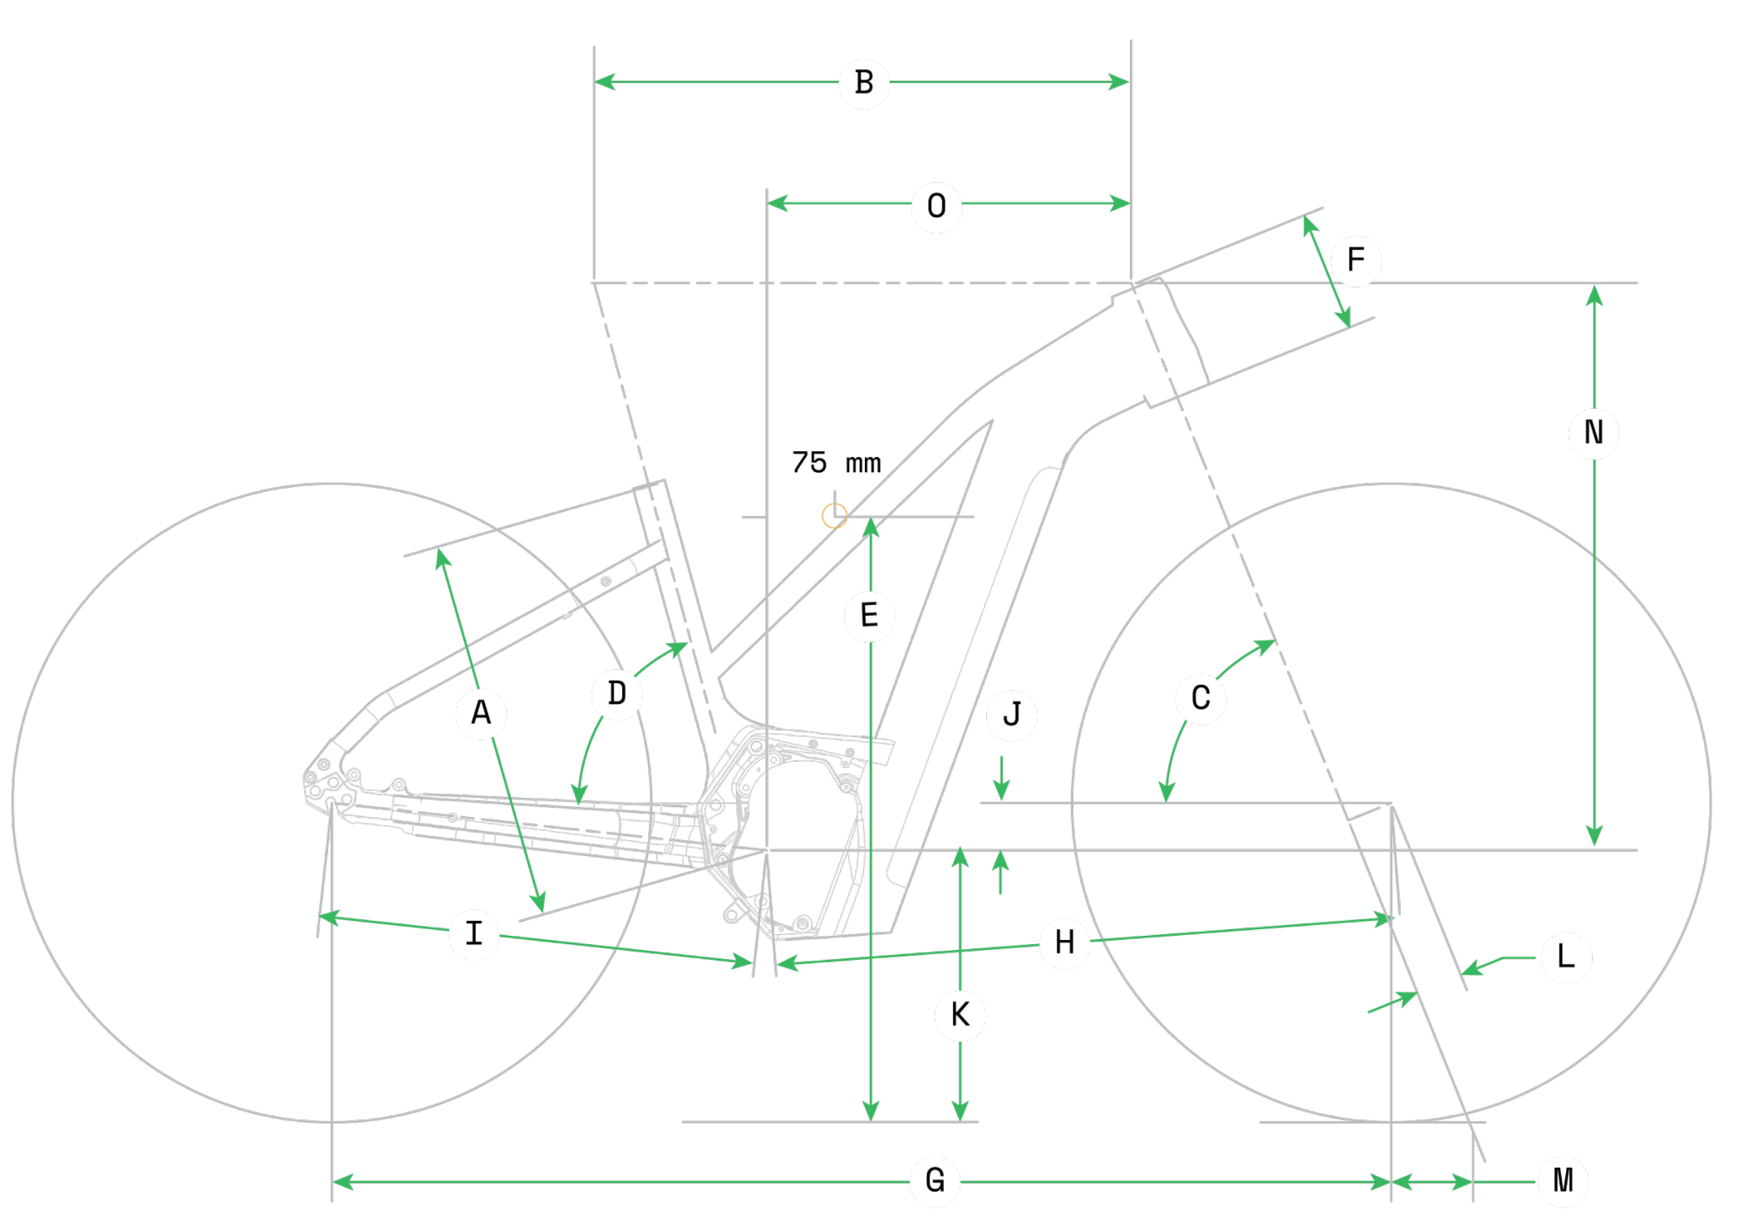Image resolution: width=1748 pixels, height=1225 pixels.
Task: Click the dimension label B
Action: pos(864,82)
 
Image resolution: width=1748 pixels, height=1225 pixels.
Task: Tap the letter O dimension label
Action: pos(936,205)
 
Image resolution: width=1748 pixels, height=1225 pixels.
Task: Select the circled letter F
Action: pos(1355,259)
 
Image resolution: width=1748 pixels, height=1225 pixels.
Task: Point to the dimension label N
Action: pos(1593,432)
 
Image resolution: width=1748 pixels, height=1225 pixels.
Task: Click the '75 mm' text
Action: pos(836,463)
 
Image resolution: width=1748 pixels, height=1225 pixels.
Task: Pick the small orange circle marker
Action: pos(834,516)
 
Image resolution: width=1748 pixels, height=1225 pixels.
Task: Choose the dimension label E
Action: pos(869,616)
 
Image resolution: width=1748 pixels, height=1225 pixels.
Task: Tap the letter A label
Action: pos(481,712)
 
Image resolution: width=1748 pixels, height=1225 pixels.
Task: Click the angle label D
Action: pos(616,693)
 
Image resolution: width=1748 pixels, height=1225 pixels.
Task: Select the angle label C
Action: pos(1201,698)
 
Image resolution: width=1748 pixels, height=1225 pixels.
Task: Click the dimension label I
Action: pos(474,933)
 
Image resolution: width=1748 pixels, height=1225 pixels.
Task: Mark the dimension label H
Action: pos(1064,942)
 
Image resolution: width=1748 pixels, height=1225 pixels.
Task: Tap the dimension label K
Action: pos(960,1015)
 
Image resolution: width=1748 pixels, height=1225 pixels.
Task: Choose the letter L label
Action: pos(1565,957)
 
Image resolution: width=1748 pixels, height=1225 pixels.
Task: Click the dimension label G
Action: pos(935,1180)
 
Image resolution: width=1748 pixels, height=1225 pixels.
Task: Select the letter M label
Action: pos(1563,1180)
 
